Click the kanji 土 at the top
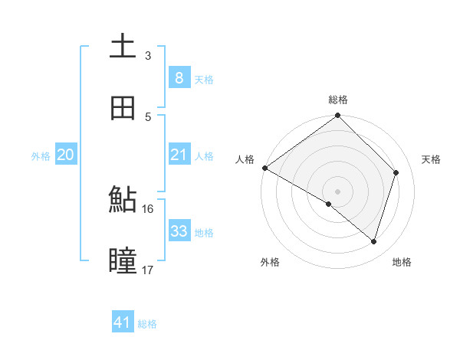click(123, 46)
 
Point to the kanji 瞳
click(123, 260)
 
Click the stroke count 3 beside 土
click(148, 56)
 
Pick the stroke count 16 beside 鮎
click(148, 209)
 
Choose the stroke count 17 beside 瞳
click(148, 270)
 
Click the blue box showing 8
click(179, 77)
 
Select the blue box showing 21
click(179, 155)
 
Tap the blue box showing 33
click(179, 231)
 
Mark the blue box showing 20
click(65, 155)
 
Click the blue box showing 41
click(123, 322)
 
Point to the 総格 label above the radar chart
click(338, 100)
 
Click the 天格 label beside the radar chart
click(432, 159)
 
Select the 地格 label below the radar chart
click(402, 263)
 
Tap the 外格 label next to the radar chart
click(270, 263)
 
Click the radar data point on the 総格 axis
click(338, 116)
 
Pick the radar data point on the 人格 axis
click(264, 168)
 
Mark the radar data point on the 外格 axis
click(329, 204)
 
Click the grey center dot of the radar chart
click(338, 191)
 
